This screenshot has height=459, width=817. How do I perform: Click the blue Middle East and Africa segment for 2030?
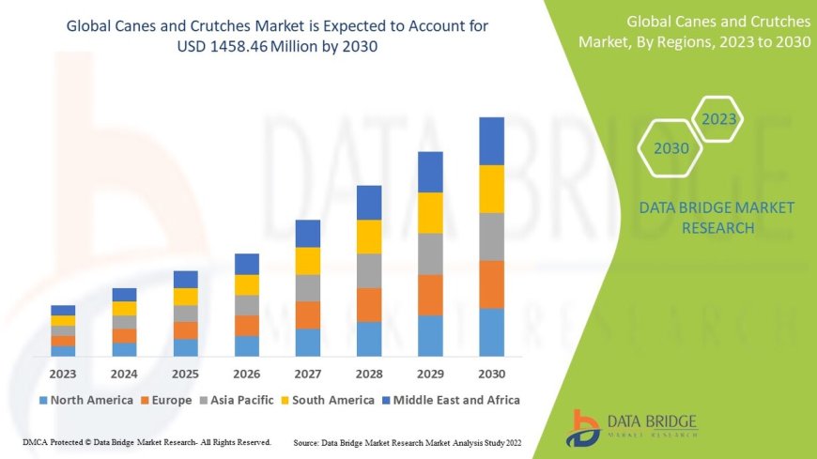tap(491, 141)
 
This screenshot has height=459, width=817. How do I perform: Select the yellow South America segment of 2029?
tap(430, 212)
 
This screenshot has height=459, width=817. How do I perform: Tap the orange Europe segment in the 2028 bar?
tap(369, 304)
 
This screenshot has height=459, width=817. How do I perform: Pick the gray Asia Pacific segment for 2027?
tap(308, 287)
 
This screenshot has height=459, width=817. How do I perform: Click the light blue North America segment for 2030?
tap(491, 332)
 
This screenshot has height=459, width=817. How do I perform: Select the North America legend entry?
tap(85, 400)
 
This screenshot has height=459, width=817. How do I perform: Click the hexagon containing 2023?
tap(719, 119)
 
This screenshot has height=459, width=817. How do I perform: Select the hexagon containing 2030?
tap(671, 148)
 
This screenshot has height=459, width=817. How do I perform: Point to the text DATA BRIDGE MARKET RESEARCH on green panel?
tap(703, 217)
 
